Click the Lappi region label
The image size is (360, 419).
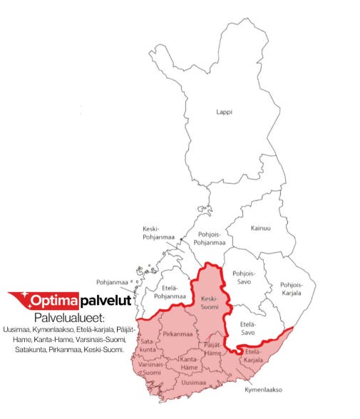click(x=225, y=112)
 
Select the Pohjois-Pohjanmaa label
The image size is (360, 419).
click(x=211, y=239)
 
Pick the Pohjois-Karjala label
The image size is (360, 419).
click(x=292, y=289)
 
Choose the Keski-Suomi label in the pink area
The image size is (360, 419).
click(x=208, y=302)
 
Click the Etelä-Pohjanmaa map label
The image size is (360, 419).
click(x=170, y=291)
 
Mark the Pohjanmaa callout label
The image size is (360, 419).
click(x=111, y=282)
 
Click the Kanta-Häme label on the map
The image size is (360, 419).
click(x=188, y=363)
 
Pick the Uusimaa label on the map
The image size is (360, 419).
click(x=194, y=383)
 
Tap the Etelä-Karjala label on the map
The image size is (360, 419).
click(x=254, y=355)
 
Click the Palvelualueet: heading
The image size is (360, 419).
click(x=69, y=316)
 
